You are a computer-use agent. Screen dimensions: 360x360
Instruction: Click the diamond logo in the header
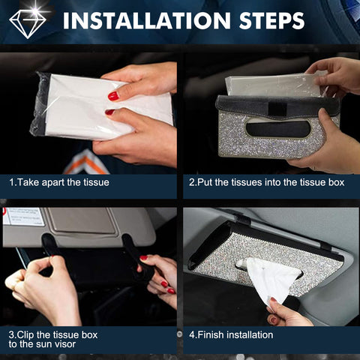[x=28, y=22]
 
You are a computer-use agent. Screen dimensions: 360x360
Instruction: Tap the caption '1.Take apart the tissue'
[x=59, y=182]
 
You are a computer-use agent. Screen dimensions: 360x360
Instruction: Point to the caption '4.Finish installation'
[x=231, y=334]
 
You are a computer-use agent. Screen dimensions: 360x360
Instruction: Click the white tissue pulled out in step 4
[x=274, y=277]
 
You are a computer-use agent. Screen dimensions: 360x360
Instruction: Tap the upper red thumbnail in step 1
[x=113, y=96]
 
